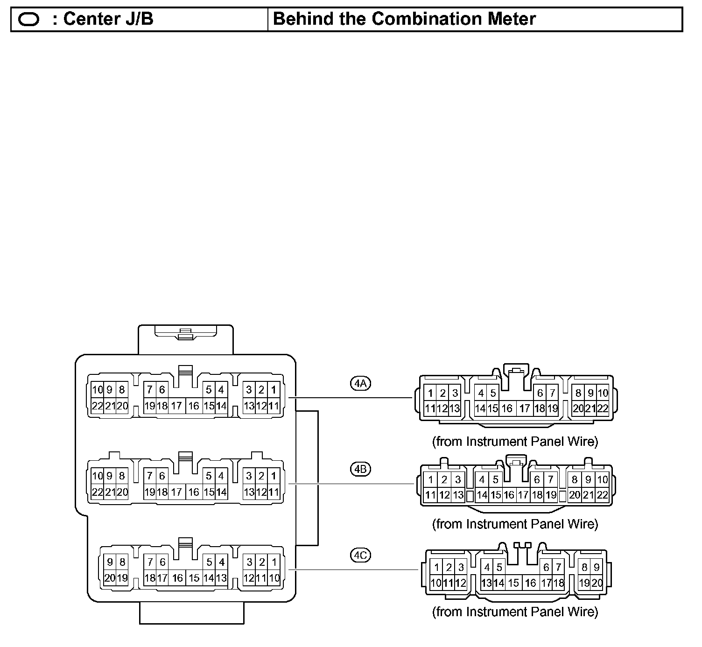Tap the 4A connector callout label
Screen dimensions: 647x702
pyautogui.click(x=360, y=384)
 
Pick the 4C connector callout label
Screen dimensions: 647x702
pyautogui.click(x=360, y=556)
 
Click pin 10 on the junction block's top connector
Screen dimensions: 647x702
pyautogui.click(x=97, y=390)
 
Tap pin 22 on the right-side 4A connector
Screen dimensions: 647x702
pyautogui.click(x=603, y=408)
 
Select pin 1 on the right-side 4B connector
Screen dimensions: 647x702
pyautogui.click(x=431, y=479)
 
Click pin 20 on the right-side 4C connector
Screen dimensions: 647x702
pyautogui.click(x=597, y=583)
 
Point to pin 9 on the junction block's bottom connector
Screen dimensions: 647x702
pyautogui.click(x=110, y=562)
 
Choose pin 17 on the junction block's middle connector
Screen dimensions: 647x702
pyautogui.click(x=176, y=492)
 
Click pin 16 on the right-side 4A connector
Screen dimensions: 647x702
pyautogui.click(x=507, y=408)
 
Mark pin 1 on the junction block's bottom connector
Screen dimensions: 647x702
pyautogui.click(x=274, y=562)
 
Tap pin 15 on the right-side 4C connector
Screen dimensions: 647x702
pyautogui.click(x=513, y=583)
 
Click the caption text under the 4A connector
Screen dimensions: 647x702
pyautogui.click(x=515, y=441)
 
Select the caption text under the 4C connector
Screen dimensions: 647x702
pyautogui.click(x=515, y=612)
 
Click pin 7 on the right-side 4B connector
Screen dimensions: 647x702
pyautogui.click(x=551, y=479)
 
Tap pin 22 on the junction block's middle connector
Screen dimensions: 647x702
pyautogui.click(x=97, y=492)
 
